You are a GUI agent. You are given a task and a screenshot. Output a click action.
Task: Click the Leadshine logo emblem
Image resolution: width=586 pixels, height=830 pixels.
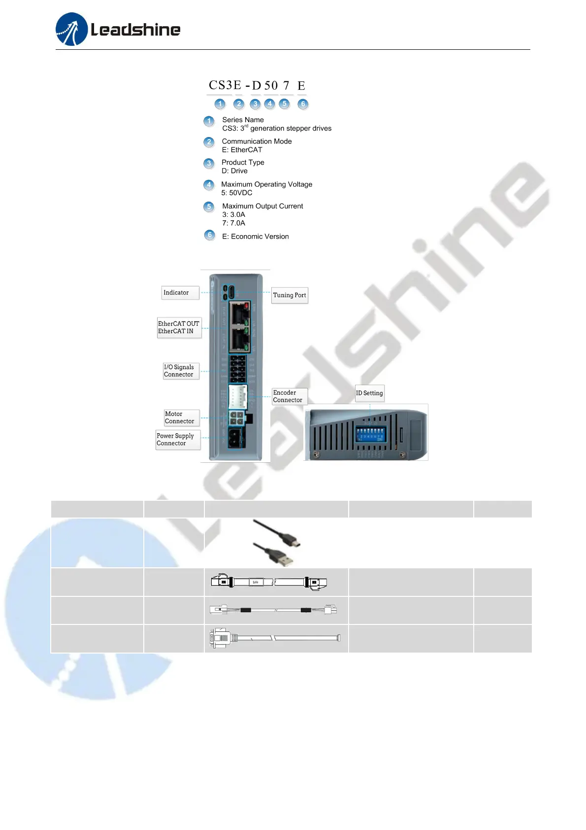pos(72,29)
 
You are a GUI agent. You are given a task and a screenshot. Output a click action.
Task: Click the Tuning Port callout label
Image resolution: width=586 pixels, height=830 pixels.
pos(290,295)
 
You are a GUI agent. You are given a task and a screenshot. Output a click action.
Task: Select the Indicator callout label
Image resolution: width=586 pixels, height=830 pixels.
pos(176,293)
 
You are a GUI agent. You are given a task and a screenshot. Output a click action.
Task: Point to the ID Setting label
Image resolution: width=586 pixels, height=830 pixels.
pos(369,393)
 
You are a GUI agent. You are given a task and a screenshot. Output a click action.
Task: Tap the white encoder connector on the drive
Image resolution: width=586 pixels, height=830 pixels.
pos(237,396)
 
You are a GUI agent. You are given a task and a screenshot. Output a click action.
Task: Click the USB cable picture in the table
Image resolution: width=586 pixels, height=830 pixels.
pos(275,542)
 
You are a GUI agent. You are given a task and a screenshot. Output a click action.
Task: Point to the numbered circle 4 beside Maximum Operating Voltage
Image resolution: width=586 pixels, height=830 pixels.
pos(209,185)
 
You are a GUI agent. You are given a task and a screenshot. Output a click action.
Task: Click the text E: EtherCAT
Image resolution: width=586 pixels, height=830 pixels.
pos(242,150)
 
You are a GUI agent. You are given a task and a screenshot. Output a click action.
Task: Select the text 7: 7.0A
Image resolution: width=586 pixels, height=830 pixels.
pos(233,223)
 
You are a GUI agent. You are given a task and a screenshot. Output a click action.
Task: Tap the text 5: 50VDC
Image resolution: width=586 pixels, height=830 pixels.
pos(236,193)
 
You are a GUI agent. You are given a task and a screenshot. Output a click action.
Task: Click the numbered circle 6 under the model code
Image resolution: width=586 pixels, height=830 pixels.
pos(303,104)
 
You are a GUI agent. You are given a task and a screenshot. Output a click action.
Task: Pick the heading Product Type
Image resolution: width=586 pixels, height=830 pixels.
pos(243,162)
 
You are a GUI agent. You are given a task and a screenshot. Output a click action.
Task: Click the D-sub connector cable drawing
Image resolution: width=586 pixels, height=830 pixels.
pos(275,638)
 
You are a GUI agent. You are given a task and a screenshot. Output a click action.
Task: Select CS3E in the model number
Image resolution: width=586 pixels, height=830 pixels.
pos(225,85)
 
